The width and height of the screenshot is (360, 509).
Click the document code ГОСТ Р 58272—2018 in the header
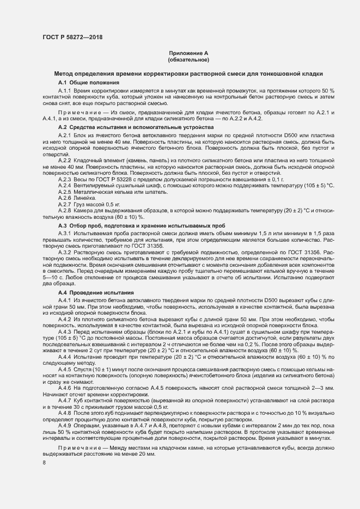[x=72, y=38]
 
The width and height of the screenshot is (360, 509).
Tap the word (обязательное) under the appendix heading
[x=188, y=59]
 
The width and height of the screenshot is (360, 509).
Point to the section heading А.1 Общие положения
[x=84, y=82]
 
